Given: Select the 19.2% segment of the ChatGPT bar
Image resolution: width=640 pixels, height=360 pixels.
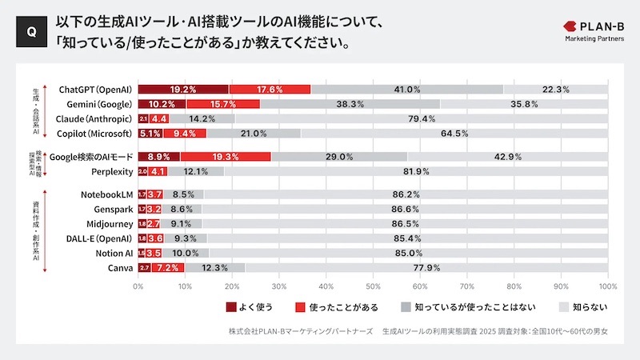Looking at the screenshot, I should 183,90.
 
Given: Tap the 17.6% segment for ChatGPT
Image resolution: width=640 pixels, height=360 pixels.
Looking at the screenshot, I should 270,90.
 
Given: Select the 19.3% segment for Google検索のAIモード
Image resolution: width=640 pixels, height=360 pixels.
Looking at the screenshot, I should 226,157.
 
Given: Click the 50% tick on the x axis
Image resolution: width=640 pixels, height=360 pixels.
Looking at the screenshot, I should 373,286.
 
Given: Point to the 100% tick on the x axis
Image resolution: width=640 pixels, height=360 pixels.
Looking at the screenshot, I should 606,286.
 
